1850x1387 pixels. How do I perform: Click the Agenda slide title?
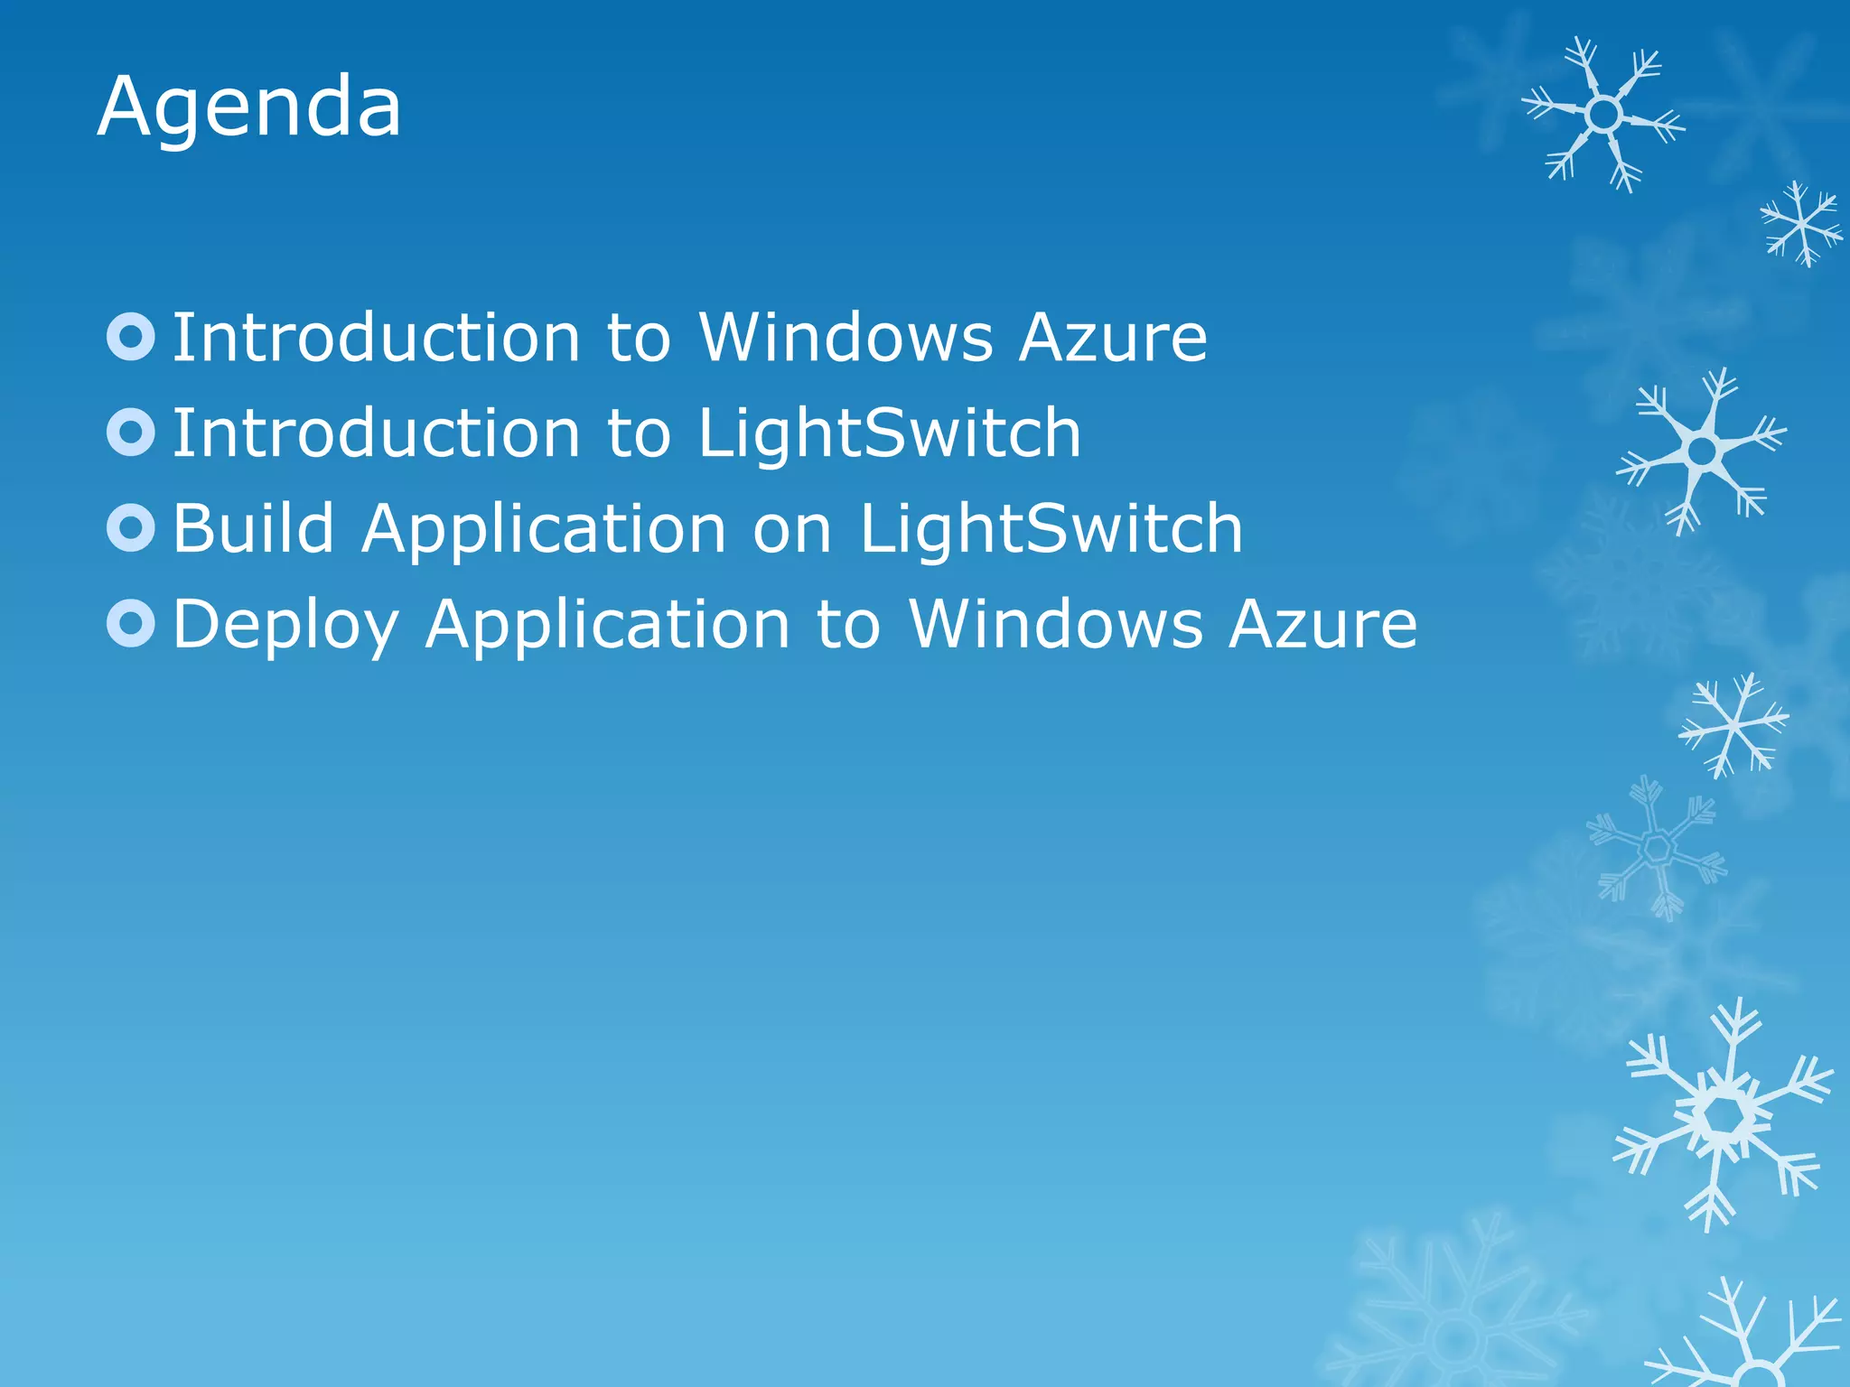[x=249, y=108]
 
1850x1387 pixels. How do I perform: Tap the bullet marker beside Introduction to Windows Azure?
[x=131, y=337]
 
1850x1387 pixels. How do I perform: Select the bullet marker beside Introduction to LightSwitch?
[x=131, y=433]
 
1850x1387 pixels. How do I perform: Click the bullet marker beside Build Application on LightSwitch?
[x=131, y=528]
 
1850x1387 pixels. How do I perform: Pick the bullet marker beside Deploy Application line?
[x=131, y=623]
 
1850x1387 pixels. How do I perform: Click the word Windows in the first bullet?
[x=846, y=337]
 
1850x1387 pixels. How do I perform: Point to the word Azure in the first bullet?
[x=1113, y=337]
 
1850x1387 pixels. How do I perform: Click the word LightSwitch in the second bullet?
[x=889, y=433]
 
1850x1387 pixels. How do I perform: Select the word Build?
[x=254, y=528]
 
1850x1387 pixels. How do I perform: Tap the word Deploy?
[x=285, y=625]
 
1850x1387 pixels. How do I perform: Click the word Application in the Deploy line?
[x=608, y=625]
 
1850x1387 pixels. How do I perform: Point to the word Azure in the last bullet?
[x=1322, y=623]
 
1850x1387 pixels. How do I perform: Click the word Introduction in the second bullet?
[x=376, y=433]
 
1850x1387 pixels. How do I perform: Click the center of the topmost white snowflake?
[x=1603, y=115]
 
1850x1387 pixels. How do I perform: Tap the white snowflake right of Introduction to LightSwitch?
[x=1702, y=450]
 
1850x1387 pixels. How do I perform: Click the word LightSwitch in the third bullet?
[x=1051, y=528]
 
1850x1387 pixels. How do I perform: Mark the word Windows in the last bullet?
[x=1056, y=623]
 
